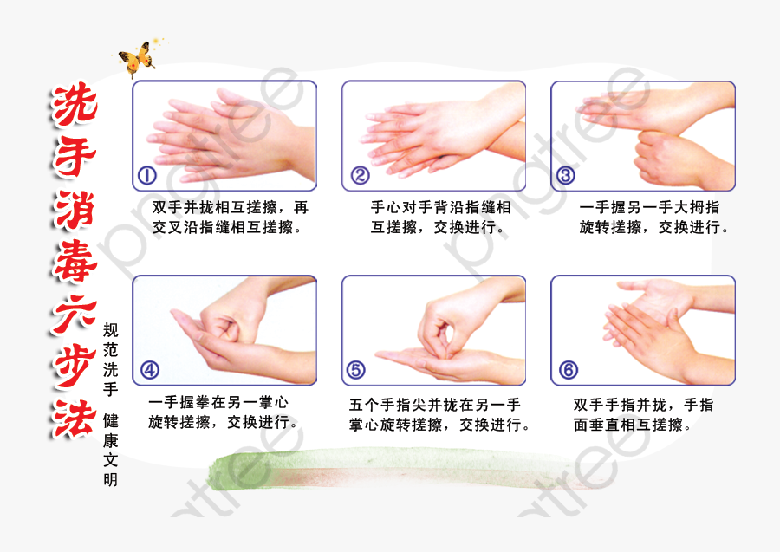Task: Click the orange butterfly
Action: click(136, 61)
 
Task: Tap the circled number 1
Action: click(147, 176)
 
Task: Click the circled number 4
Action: click(149, 370)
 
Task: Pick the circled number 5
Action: click(355, 370)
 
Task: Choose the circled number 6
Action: click(569, 370)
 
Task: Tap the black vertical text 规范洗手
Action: click(110, 360)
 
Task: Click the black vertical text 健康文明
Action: click(110, 450)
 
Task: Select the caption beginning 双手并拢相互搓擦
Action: click(230, 218)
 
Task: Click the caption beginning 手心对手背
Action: click(440, 218)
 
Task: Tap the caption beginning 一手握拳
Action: click(224, 413)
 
